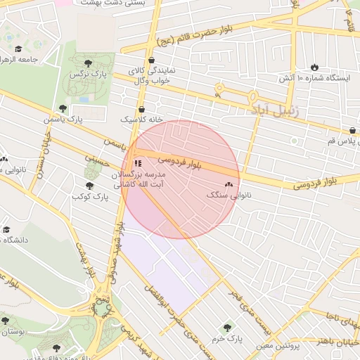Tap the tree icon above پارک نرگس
(87, 63)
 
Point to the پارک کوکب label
(90, 196)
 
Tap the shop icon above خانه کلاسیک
(143, 109)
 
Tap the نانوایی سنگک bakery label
(229, 194)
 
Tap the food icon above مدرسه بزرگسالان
(137, 162)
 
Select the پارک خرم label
(226, 337)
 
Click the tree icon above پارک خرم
(226, 327)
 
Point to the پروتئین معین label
(275, 345)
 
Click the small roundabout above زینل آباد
(219, 89)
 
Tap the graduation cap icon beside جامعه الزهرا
(18, 49)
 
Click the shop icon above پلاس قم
(352, 130)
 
